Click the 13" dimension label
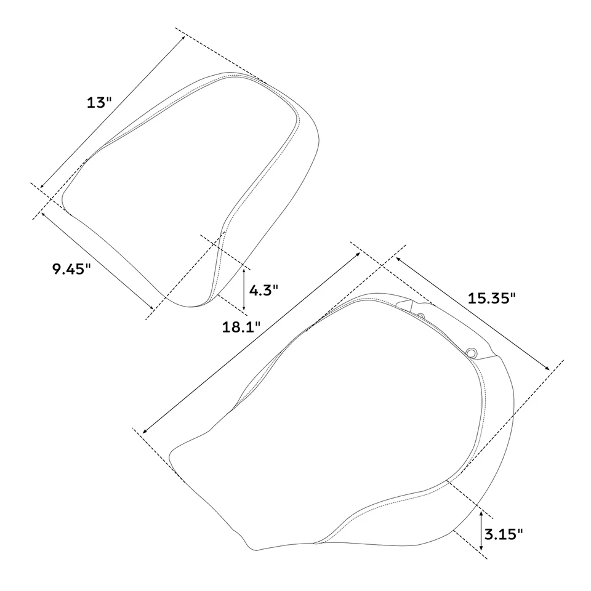click(99, 102)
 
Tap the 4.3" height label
click(264, 289)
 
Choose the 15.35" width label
click(491, 299)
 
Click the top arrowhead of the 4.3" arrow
click(244, 268)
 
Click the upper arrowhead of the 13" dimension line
click(183, 38)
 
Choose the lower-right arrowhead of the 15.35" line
click(549, 368)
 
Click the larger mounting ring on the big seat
click(472, 352)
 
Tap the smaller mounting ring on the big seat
click(420, 316)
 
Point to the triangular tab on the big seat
click(404, 304)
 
